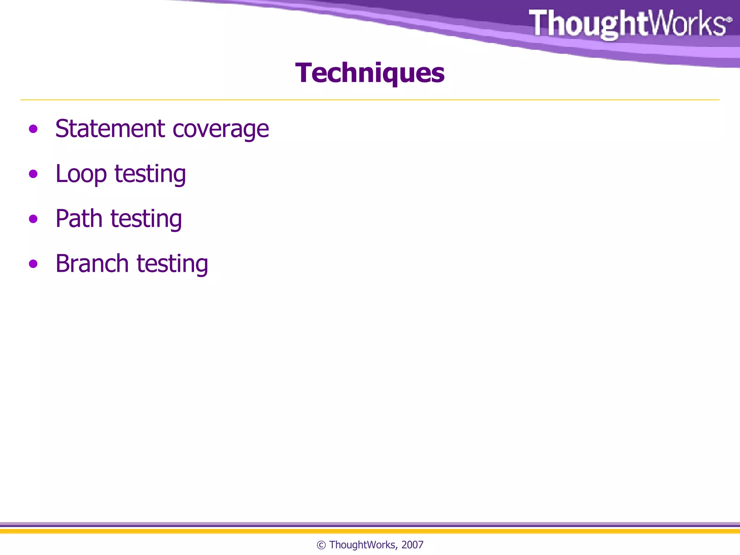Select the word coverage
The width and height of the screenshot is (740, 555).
tap(221, 129)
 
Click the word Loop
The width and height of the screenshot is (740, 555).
tap(81, 174)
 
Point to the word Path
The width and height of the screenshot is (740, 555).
tap(79, 219)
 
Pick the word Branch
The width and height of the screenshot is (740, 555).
tap(92, 263)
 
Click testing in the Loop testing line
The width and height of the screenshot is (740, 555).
tap(150, 174)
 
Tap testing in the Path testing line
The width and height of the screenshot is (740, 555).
tap(146, 219)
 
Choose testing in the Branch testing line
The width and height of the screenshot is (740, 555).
tap(172, 264)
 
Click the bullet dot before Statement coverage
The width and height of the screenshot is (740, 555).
tap(33, 129)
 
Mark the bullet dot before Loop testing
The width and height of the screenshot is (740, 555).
tap(33, 174)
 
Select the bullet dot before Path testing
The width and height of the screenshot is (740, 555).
tap(33, 219)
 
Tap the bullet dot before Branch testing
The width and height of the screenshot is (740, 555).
tap(33, 264)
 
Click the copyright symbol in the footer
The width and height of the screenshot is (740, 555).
tap(321, 545)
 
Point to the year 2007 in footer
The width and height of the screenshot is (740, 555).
tap(412, 545)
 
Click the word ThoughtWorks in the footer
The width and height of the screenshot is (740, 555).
tap(362, 545)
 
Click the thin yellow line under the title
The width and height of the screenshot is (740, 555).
tap(370, 100)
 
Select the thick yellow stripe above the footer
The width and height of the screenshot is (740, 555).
tap(370, 531)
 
